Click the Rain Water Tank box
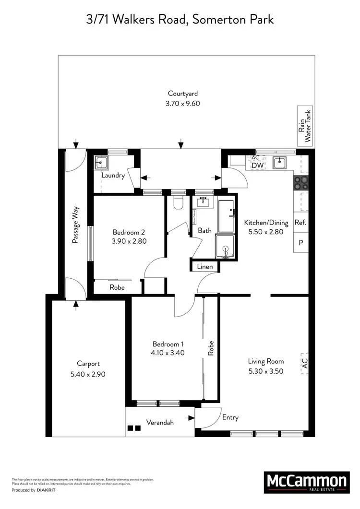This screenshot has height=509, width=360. click(305, 125)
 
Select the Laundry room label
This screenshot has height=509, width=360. click(113, 176)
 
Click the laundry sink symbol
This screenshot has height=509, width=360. click(101, 162)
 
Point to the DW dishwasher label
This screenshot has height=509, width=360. click(257, 165)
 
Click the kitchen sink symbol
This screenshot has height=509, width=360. click(280, 163)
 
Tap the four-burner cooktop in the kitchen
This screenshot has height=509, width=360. click(301, 183)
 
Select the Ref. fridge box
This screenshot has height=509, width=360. click(300, 223)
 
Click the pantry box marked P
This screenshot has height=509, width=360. click(300, 242)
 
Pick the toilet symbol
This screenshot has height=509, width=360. click(178, 203)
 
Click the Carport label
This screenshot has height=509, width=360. click(88, 364)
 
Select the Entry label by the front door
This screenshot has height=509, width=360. click(230, 417)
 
